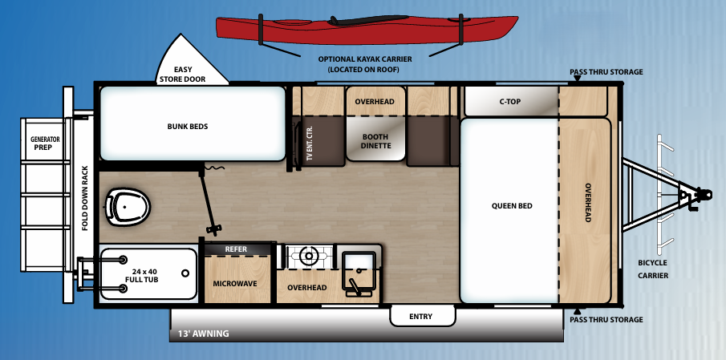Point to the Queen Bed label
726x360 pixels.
(512, 206)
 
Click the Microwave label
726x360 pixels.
(234, 284)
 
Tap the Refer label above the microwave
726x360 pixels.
(237, 249)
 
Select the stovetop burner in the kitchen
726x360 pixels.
(308, 257)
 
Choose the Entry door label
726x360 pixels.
(420, 317)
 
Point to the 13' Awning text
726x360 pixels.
(199, 334)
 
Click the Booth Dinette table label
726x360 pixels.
(375, 141)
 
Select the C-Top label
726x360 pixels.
(510, 102)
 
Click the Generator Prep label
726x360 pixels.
(46, 144)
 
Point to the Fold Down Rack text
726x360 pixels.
(85, 198)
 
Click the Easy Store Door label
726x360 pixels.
(183, 75)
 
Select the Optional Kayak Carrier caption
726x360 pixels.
(364, 64)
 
